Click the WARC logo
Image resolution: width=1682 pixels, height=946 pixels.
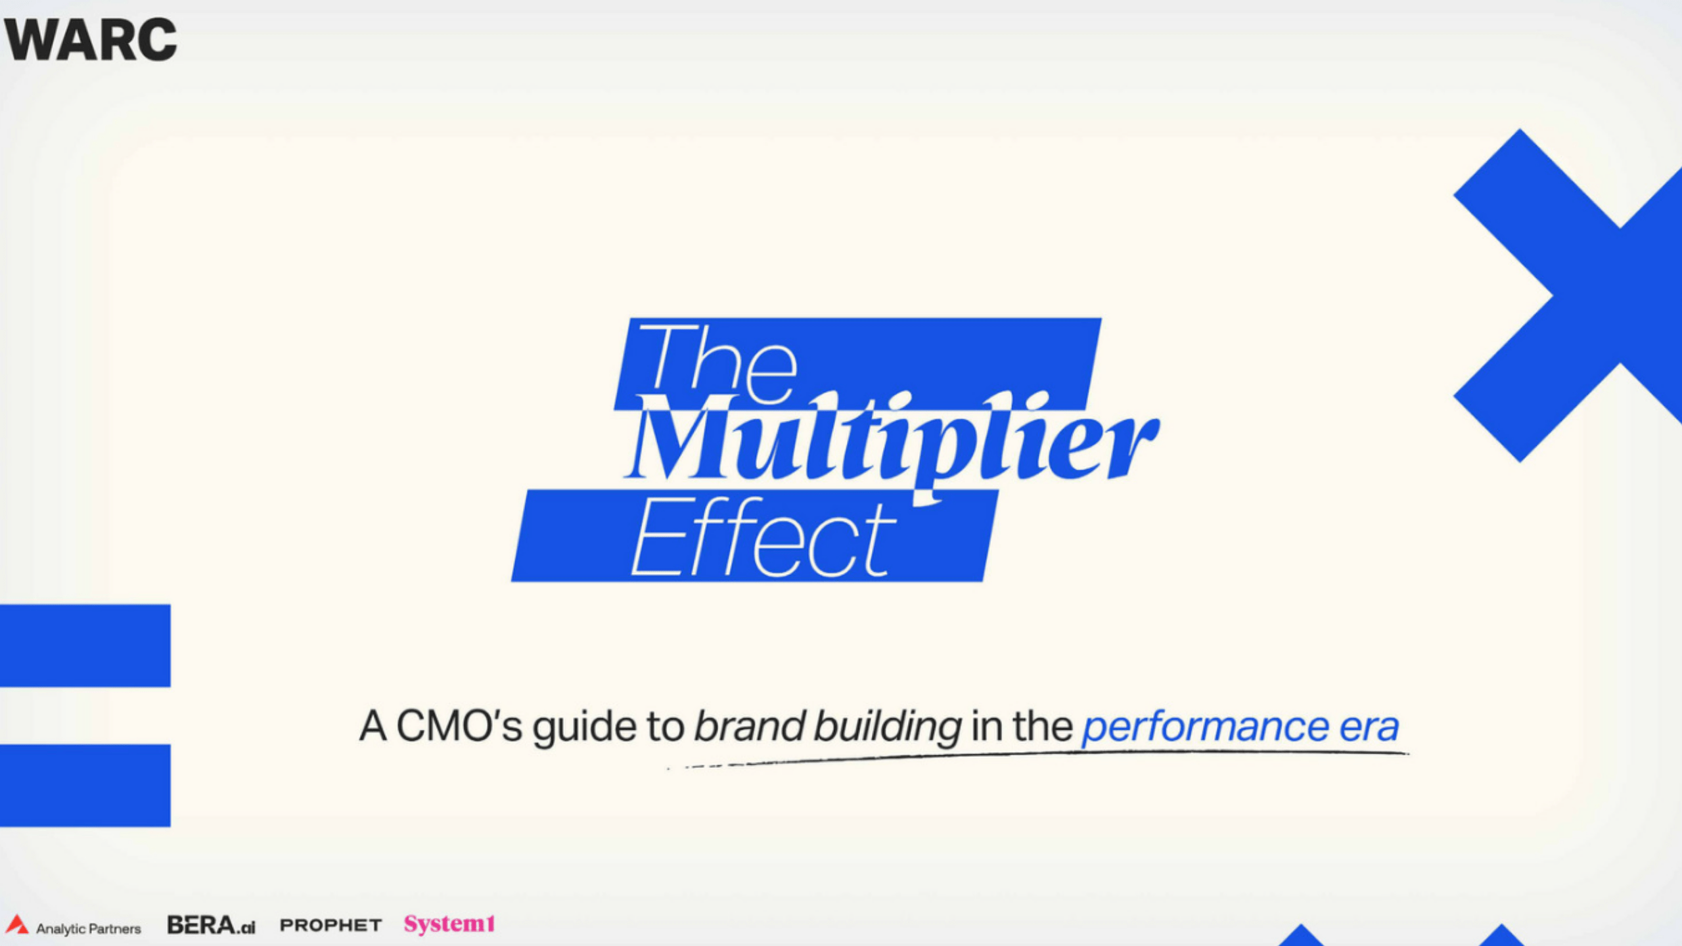91,39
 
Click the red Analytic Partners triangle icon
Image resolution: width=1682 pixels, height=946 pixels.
16,924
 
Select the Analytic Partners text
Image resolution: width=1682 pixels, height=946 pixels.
88,929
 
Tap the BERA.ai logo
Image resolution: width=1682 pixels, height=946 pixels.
211,925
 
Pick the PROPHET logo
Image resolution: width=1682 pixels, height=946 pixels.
330,925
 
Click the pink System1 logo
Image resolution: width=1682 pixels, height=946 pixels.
449,924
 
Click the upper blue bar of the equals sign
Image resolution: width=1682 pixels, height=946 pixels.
85,645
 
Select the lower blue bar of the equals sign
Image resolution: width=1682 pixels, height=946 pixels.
85,785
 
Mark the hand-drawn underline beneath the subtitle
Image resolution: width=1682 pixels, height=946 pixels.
1038,757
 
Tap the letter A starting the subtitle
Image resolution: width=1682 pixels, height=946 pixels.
373,727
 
